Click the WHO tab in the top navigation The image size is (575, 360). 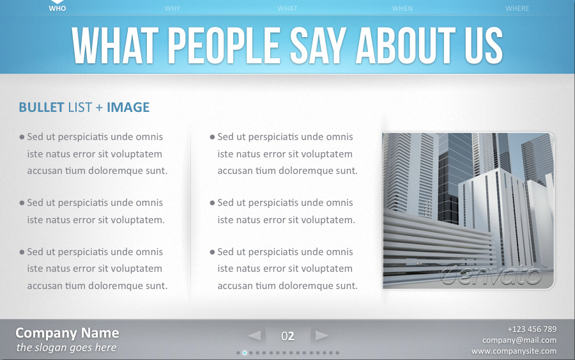(x=57, y=8)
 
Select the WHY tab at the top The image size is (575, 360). (x=172, y=8)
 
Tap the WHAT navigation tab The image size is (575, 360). (x=287, y=8)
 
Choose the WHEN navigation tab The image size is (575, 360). (x=402, y=8)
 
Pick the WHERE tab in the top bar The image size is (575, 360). (x=517, y=8)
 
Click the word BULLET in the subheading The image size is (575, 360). (x=42, y=107)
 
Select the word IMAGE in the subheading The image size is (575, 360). (x=128, y=107)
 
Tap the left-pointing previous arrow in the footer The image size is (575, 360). (x=254, y=336)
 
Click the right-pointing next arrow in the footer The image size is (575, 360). (x=322, y=336)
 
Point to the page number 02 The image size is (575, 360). (x=287, y=336)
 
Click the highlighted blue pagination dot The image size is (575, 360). (x=245, y=352)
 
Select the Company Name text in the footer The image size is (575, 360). (x=67, y=333)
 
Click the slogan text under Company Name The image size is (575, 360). (x=66, y=348)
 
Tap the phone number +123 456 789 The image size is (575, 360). (x=532, y=329)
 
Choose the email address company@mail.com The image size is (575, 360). (x=519, y=340)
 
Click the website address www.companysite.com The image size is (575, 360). (x=514, y=351)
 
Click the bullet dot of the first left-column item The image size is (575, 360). (x=22, y=137)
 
